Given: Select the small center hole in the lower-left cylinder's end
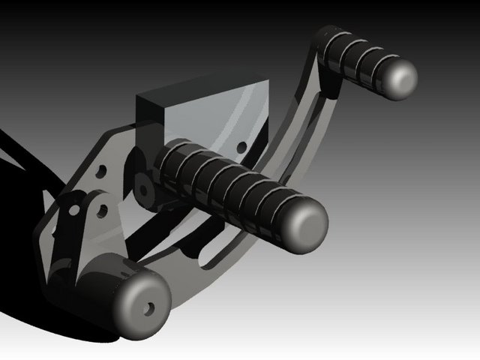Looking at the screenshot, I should pyautogui.click(x=149, y=307).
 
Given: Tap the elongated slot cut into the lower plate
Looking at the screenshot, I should pyautogui.click(x=225, y=255).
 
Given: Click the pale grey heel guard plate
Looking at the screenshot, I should pyautogui.click(x=217, y=120).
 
